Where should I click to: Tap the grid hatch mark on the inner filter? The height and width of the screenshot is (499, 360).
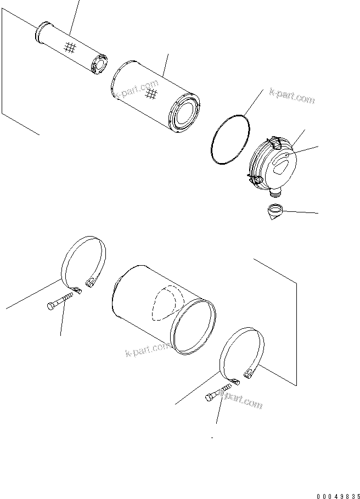[x=69, y=48]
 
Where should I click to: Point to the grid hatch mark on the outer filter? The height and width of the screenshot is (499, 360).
[x=151, y=97]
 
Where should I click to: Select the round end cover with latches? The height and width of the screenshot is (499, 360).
[x=272, y=164]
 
